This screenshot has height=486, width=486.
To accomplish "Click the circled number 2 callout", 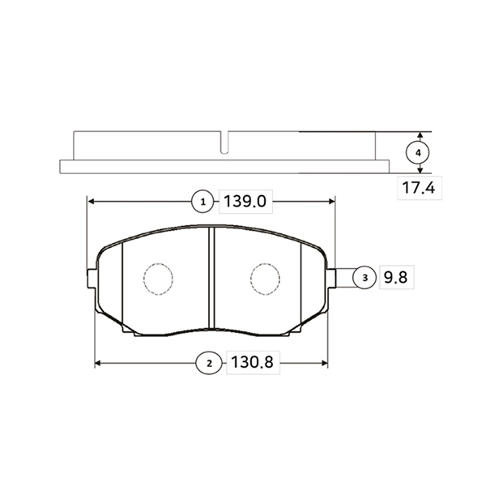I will click(x=209, y=364).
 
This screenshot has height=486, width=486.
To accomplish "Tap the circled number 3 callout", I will click(x=364, y=278).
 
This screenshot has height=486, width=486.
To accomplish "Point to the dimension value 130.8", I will click(x=250, y=364).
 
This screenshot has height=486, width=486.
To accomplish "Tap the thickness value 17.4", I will click(x=419, y=190).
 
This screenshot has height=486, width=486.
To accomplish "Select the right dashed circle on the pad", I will click(x=265, y=279).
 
